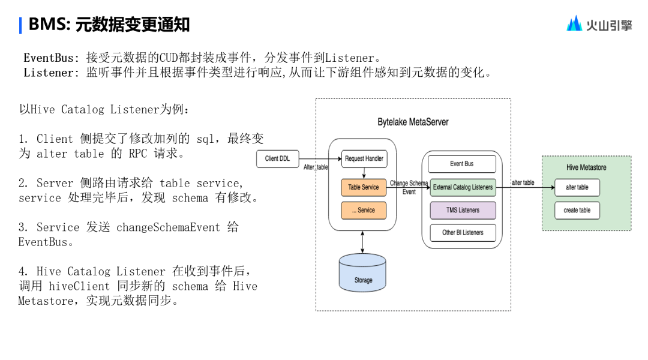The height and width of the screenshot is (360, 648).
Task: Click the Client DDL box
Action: point(277,159)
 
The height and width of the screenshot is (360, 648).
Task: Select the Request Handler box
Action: point(364,159)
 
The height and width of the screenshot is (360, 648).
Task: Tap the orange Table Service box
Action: point(364,187)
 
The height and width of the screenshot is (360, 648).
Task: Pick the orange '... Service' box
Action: point(364,210)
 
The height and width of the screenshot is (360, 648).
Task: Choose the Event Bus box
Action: point(462,164)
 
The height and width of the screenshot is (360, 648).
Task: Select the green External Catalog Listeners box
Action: point(463,187)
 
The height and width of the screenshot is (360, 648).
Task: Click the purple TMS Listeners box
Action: point(463,210)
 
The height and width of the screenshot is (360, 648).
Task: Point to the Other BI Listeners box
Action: point(463,233)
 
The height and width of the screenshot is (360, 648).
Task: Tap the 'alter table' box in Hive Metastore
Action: point(577,187)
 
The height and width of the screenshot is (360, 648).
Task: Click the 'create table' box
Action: point(577,210)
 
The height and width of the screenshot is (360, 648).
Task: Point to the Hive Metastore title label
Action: point(586,167)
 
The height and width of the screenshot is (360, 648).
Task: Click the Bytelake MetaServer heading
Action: point(413,122)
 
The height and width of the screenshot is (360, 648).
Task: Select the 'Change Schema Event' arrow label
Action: point(409,187)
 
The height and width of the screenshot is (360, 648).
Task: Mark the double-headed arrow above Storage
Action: point(362,242)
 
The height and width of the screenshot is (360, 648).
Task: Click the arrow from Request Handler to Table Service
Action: point(364,173)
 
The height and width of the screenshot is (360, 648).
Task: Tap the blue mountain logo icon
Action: point(574,23)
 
